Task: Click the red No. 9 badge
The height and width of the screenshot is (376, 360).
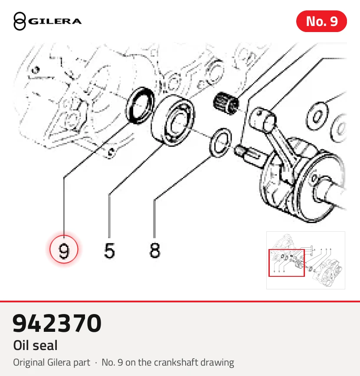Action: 321,21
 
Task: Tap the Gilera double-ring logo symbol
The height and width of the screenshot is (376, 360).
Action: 20,21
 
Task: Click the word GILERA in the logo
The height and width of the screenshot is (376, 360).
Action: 55,21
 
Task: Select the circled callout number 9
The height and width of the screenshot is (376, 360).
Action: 64,250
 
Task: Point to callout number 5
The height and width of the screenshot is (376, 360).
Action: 109,250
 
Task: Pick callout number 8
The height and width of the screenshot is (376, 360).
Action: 155,250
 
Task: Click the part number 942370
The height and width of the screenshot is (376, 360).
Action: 57,323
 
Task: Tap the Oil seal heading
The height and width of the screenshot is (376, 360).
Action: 35,345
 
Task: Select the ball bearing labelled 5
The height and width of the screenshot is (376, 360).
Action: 173,120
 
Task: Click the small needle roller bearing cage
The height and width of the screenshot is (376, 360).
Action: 226,103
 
